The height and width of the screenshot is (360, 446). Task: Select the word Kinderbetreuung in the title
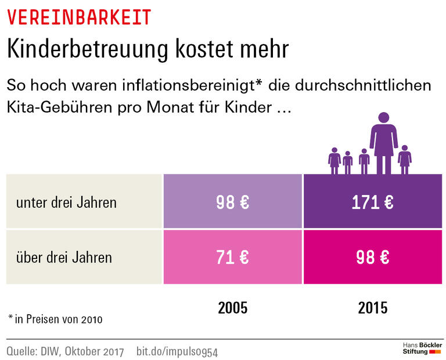85,49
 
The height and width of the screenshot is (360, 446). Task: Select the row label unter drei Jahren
66,203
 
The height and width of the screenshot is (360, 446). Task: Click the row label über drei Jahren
64,257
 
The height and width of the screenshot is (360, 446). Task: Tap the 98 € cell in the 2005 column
232,202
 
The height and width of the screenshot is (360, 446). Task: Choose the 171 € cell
372,202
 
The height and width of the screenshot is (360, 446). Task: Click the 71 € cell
232,257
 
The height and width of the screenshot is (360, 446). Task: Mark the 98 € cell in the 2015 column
372,257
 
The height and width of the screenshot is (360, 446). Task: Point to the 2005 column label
232,307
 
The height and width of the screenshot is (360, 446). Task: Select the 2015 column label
372,307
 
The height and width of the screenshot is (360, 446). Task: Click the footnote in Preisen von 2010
55,319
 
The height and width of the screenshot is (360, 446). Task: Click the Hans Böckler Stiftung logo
422,348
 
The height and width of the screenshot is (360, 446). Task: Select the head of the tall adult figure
384,118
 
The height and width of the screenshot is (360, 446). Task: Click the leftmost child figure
334,160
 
